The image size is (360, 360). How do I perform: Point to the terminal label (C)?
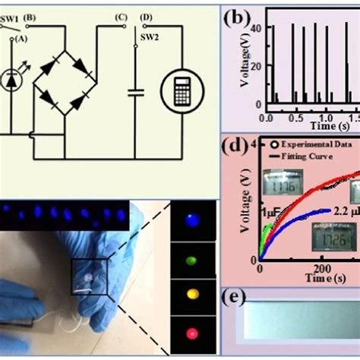[119, 17]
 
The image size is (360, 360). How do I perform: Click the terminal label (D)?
[147, 17]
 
